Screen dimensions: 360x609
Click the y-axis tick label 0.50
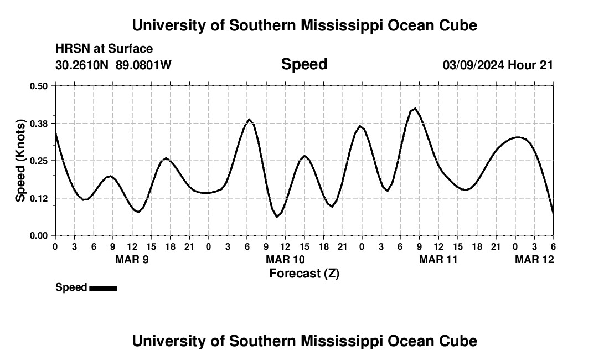(x=39, y=86)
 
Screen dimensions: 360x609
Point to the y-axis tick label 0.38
(x=39, y=123)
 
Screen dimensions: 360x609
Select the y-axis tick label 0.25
(x=39, y=161)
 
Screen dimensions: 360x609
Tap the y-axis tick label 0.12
(x=39, y=198)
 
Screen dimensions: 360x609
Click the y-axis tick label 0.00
(x=39, y=235)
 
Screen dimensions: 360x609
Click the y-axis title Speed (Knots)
(x=20, y=161)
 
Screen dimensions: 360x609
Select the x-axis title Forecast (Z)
(x=304, y=274)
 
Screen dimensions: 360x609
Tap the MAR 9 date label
(x=132, y=259)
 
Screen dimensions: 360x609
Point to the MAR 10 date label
(x=285, y=259)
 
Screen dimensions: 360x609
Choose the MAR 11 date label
(x=438, y=259)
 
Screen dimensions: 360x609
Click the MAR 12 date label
(x=534, y=259)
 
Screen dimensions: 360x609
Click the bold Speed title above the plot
(x=304, y=64)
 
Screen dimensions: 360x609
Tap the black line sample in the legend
(x=103, y=288)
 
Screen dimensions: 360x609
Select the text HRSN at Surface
(x=104, y=49)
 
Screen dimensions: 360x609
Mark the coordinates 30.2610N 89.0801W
(x=113, y=65)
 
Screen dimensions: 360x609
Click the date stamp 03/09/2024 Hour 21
(x=498, y=65)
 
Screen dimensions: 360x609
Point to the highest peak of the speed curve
(x=415, y=109)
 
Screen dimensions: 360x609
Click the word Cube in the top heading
(x=457, y=25)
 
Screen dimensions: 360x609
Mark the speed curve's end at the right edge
(x=553, y=214)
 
